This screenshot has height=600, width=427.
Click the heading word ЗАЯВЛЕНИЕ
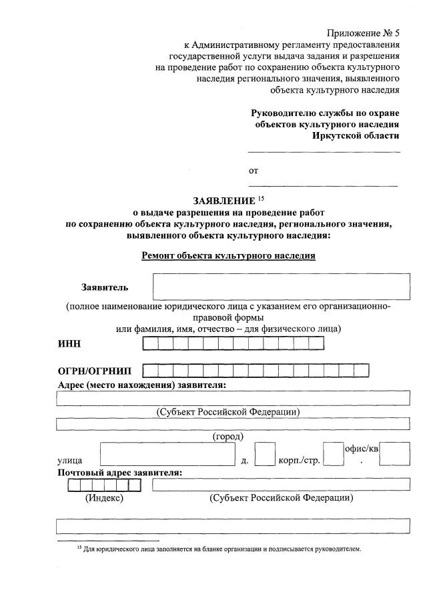click(x=224, y=201)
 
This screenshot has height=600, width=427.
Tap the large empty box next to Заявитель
click(x=281, y=287)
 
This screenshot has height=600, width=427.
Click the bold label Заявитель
click(x=105, y=287)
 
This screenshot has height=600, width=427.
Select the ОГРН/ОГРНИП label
click(x=95, y=371)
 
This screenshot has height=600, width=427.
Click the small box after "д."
click(x=265, y=455)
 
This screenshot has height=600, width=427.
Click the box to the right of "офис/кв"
click(x=398, y=455)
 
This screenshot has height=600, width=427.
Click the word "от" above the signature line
click(x=254, y=171)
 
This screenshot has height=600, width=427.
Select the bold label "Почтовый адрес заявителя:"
click(x=120, y=472)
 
